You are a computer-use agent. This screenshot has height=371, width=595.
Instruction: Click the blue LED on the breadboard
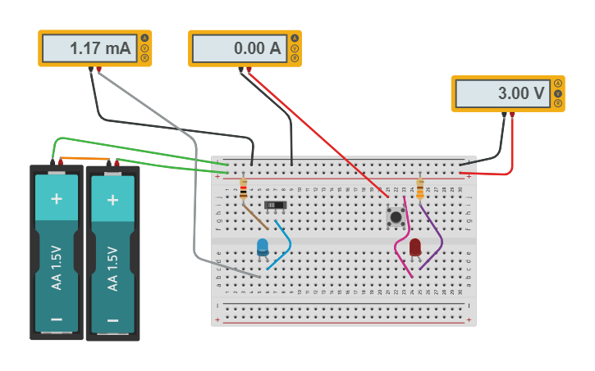263,247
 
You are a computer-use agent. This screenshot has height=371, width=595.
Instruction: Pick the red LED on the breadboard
415,247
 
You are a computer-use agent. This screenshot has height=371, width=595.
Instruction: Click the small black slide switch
276,205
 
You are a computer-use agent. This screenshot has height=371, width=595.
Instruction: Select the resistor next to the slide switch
244,191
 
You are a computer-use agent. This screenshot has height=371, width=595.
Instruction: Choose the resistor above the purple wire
420,190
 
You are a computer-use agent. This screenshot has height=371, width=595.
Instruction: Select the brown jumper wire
254,215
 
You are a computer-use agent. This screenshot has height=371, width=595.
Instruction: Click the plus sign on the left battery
57,198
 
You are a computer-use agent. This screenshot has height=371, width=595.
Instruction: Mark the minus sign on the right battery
112,319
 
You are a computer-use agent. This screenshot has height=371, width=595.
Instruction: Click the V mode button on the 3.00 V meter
558,93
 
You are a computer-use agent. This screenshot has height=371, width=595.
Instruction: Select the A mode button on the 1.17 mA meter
145,38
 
